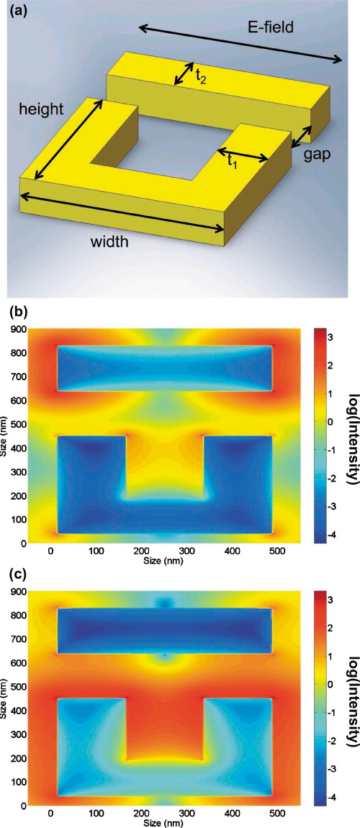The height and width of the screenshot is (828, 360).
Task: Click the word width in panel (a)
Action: point(109,242)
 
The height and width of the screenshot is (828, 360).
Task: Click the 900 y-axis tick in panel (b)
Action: point(19,329)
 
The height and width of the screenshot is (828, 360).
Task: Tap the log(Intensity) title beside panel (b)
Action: point(351,432)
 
